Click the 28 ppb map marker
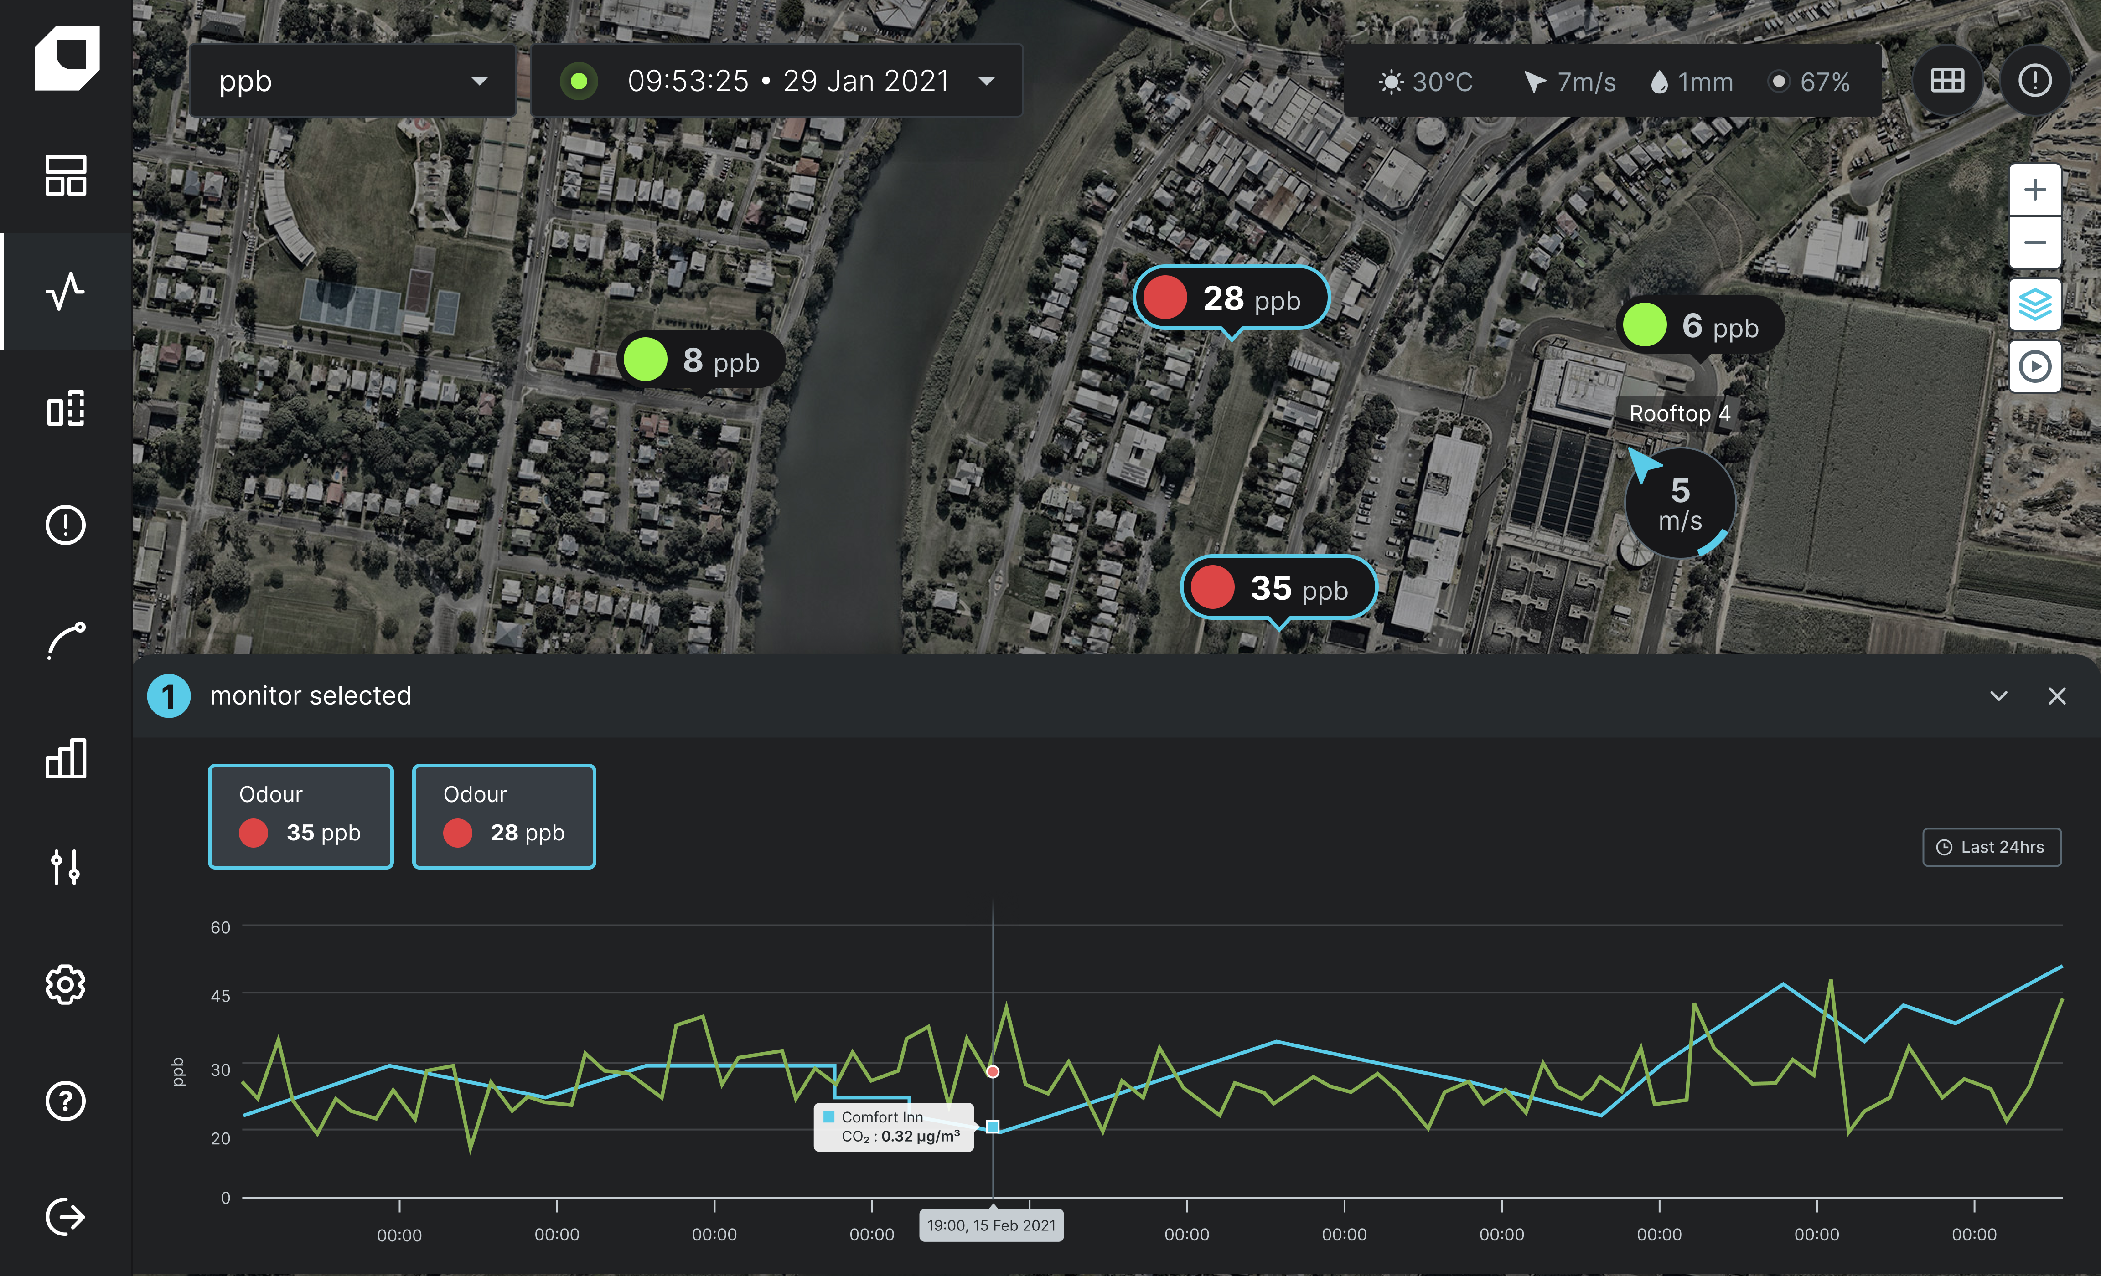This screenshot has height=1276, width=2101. point(1231,298)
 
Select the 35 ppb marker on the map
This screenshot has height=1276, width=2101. point(1278,588)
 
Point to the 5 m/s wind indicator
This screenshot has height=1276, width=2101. point(1680,504)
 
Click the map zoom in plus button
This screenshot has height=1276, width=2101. point(2034,189)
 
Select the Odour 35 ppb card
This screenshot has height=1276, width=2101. point(300,817)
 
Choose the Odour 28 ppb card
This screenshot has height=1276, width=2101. point(504,817)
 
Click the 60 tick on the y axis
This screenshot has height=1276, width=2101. point(220,927)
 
